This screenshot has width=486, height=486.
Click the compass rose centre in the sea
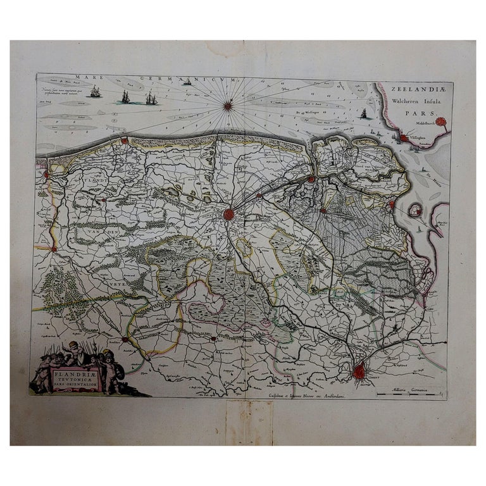point(228,105)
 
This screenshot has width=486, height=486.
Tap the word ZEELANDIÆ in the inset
point(414,90)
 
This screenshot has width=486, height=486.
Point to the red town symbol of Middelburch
point(441,121)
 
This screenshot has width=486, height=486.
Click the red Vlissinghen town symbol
point(404,137)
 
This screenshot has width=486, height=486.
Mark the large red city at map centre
point(229,215)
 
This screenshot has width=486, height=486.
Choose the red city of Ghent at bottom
point(359,372)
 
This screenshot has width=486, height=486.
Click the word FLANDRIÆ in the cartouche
point(75,371)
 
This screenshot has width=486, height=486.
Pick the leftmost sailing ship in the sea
point(96,92)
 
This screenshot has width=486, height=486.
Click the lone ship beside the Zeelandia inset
point(363,114)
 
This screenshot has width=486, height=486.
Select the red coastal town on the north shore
point(125,140)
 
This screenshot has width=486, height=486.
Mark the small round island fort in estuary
point(415,209)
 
